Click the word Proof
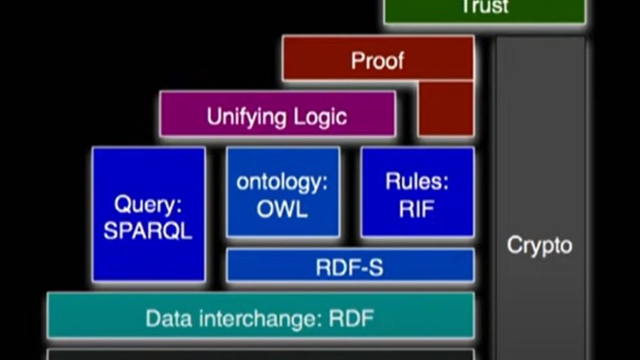coord(378,61)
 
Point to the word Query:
coord(148,204)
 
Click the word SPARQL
coord(148,231)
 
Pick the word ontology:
coord(282,181)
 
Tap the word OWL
coord(282,209)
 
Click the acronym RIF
coord(417,209)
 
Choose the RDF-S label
coord(350,268)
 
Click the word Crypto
coord(539,246)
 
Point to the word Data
coord(169,319)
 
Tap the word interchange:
coord(258,319)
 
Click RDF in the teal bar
coord(352,319)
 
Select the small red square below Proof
coord(446,108)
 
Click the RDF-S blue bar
coord(350,265)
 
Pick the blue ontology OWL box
coord(283,192)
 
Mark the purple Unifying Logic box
coord(277,114)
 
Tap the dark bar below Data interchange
coord(260,354)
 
